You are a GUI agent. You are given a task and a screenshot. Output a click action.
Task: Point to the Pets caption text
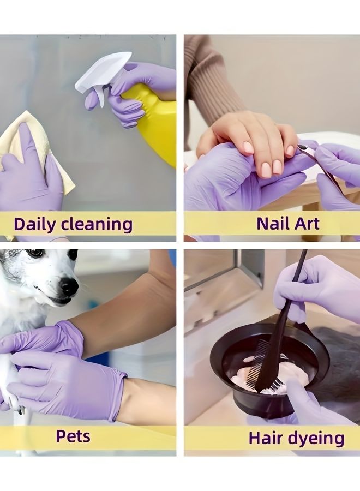(73, 436)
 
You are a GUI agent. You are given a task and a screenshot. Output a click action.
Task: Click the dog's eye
(35, 254)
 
